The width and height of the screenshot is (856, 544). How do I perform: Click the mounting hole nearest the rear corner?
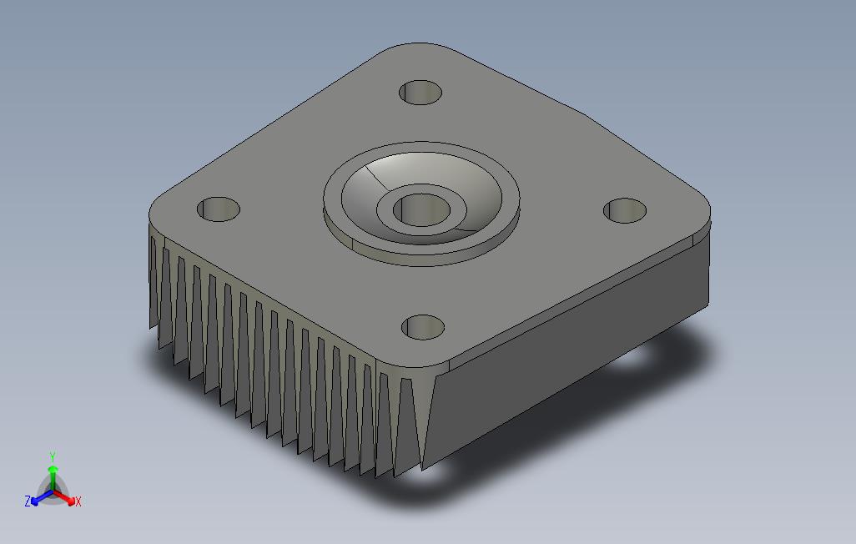(420, 93)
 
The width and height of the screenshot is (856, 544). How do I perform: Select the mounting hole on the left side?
(219, 209)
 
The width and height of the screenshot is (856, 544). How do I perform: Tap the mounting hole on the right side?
(625, 210)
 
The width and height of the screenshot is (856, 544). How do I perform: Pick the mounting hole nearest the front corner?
(422, 327)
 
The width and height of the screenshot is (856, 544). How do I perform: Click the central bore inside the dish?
(421, 210)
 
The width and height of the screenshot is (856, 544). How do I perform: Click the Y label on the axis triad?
(53, 456)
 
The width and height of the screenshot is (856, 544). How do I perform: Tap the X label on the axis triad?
(78, 501)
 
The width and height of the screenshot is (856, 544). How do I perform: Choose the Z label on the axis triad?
(28, 501)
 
